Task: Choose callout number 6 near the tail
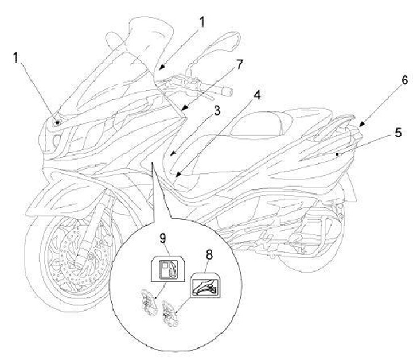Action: [x=388, y=80]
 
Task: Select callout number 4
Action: [x=257, y=95]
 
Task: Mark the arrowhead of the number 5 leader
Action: [x=339, y=154]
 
